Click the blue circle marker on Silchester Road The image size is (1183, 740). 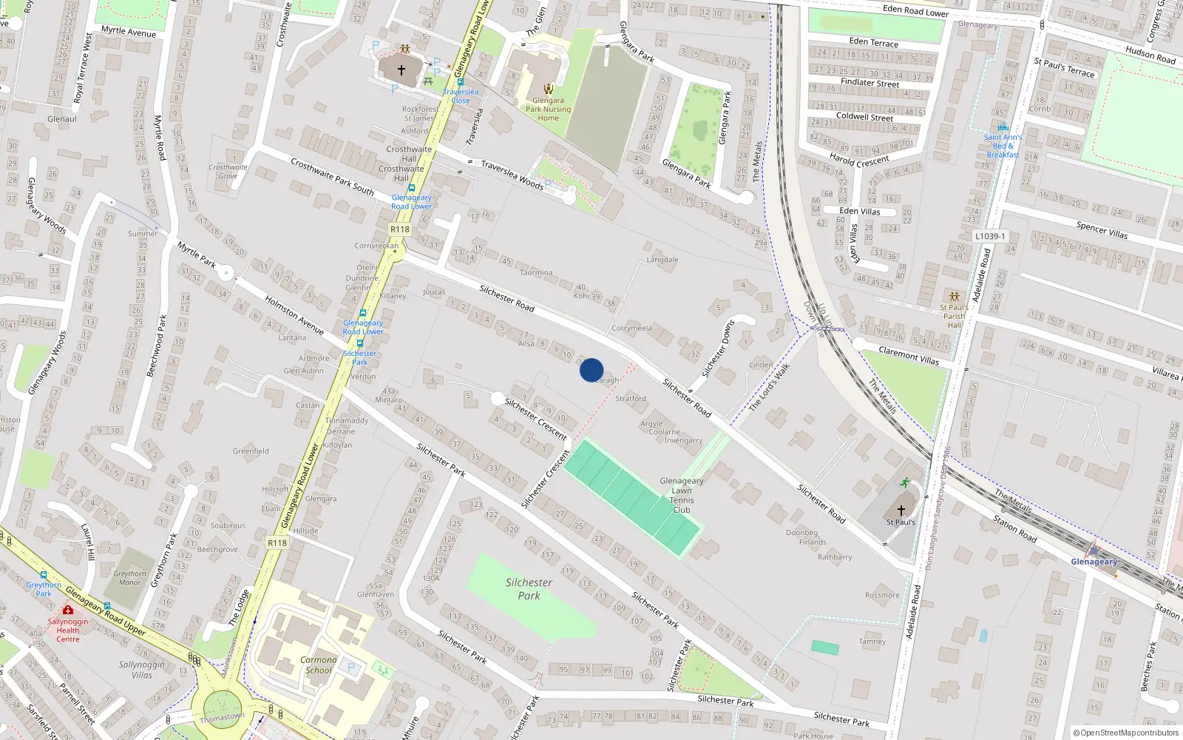(591, 370)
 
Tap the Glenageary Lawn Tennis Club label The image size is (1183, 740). (681, 495)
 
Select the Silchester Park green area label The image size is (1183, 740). (529, 589)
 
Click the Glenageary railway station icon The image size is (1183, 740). (1093, 551)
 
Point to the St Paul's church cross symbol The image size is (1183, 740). (901, 511)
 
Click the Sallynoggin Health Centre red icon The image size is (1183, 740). (68, 610)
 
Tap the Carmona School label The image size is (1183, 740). (318, 665)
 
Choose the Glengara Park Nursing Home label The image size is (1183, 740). (548, 109)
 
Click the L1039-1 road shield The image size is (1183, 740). (989, 236)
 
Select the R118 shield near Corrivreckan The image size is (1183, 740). (400, 229)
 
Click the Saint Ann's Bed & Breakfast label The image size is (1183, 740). (1003, 146)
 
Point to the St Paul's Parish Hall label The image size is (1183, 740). (954, 316)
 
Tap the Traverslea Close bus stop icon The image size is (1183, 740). (460, 83)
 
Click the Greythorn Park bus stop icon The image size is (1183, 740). (44, 575)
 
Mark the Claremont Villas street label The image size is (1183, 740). (909, 355)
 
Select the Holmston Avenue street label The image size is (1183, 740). (294, 315)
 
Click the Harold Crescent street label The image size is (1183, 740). (859, 159)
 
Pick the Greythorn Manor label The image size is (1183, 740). (130, 578)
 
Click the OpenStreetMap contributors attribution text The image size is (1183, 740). (1125, 733)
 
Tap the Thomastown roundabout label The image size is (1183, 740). (222, 717)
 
